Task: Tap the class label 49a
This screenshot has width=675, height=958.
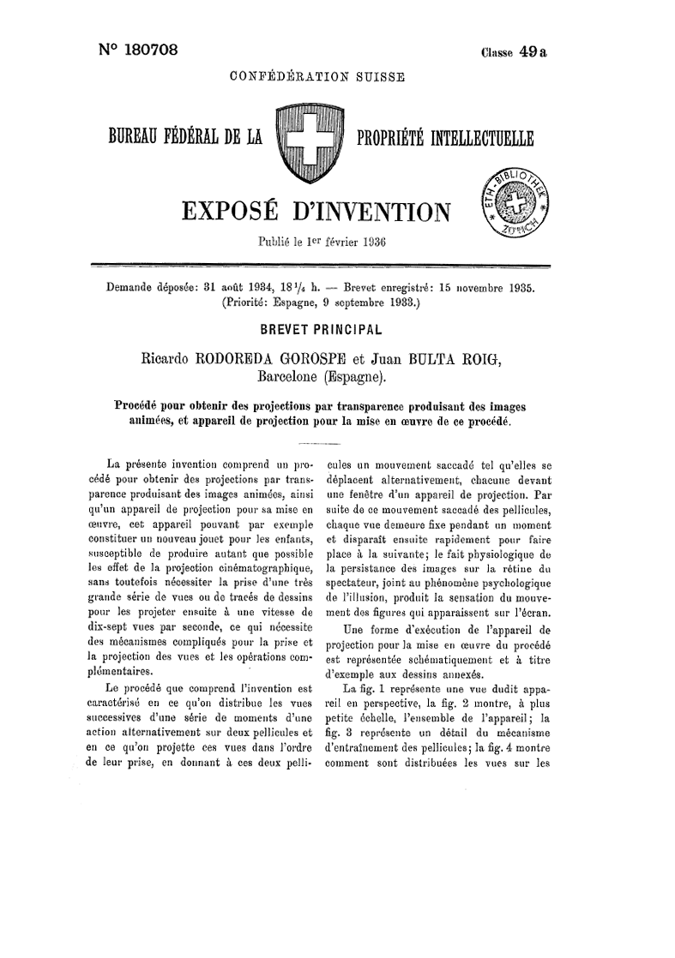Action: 532,51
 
